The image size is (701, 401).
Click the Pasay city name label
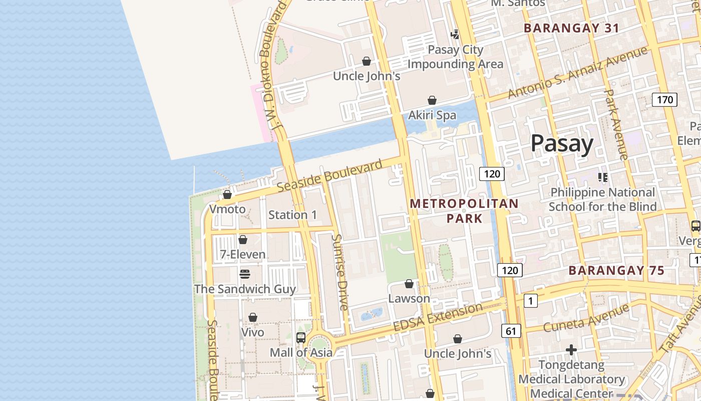click(562, 143)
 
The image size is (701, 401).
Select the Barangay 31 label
click(571, 28)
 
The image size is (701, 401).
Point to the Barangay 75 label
click(616, 271)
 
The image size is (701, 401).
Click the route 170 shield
click(664, 99)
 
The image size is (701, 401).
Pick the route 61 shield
click(511, 331)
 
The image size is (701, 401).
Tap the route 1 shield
click(530, 301)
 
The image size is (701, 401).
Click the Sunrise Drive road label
click(340, 272)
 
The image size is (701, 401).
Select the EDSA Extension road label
click(438, 317)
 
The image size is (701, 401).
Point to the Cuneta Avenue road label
click(585, 319)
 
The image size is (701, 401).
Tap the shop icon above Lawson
click(409, 284)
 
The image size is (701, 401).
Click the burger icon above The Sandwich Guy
click(244, 274)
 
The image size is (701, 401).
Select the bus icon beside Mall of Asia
click(300, 338)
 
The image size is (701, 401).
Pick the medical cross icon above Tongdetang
click(571, 349)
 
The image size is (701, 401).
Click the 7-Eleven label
click(243, 255)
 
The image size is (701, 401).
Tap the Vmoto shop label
click(227, 209)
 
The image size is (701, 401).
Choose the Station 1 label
click(292, 215)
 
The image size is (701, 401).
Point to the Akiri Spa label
click(432, 115)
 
